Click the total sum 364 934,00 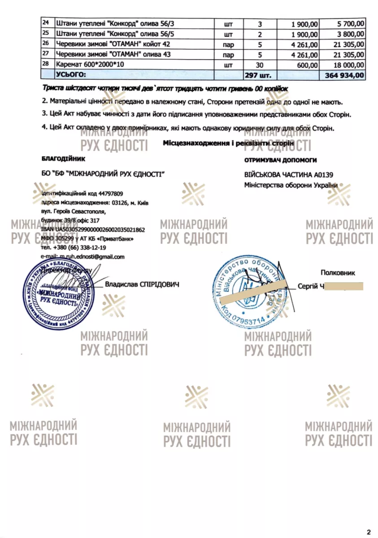click(x=344, y=75)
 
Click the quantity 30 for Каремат click(x=259, y=65)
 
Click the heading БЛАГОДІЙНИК click(x=62, y=159)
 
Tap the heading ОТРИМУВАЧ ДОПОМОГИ click(x=281, y=160)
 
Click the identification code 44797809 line click(x=82, y=194)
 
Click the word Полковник click(x=338, y=272)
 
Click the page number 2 click(x=368, y=532)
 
